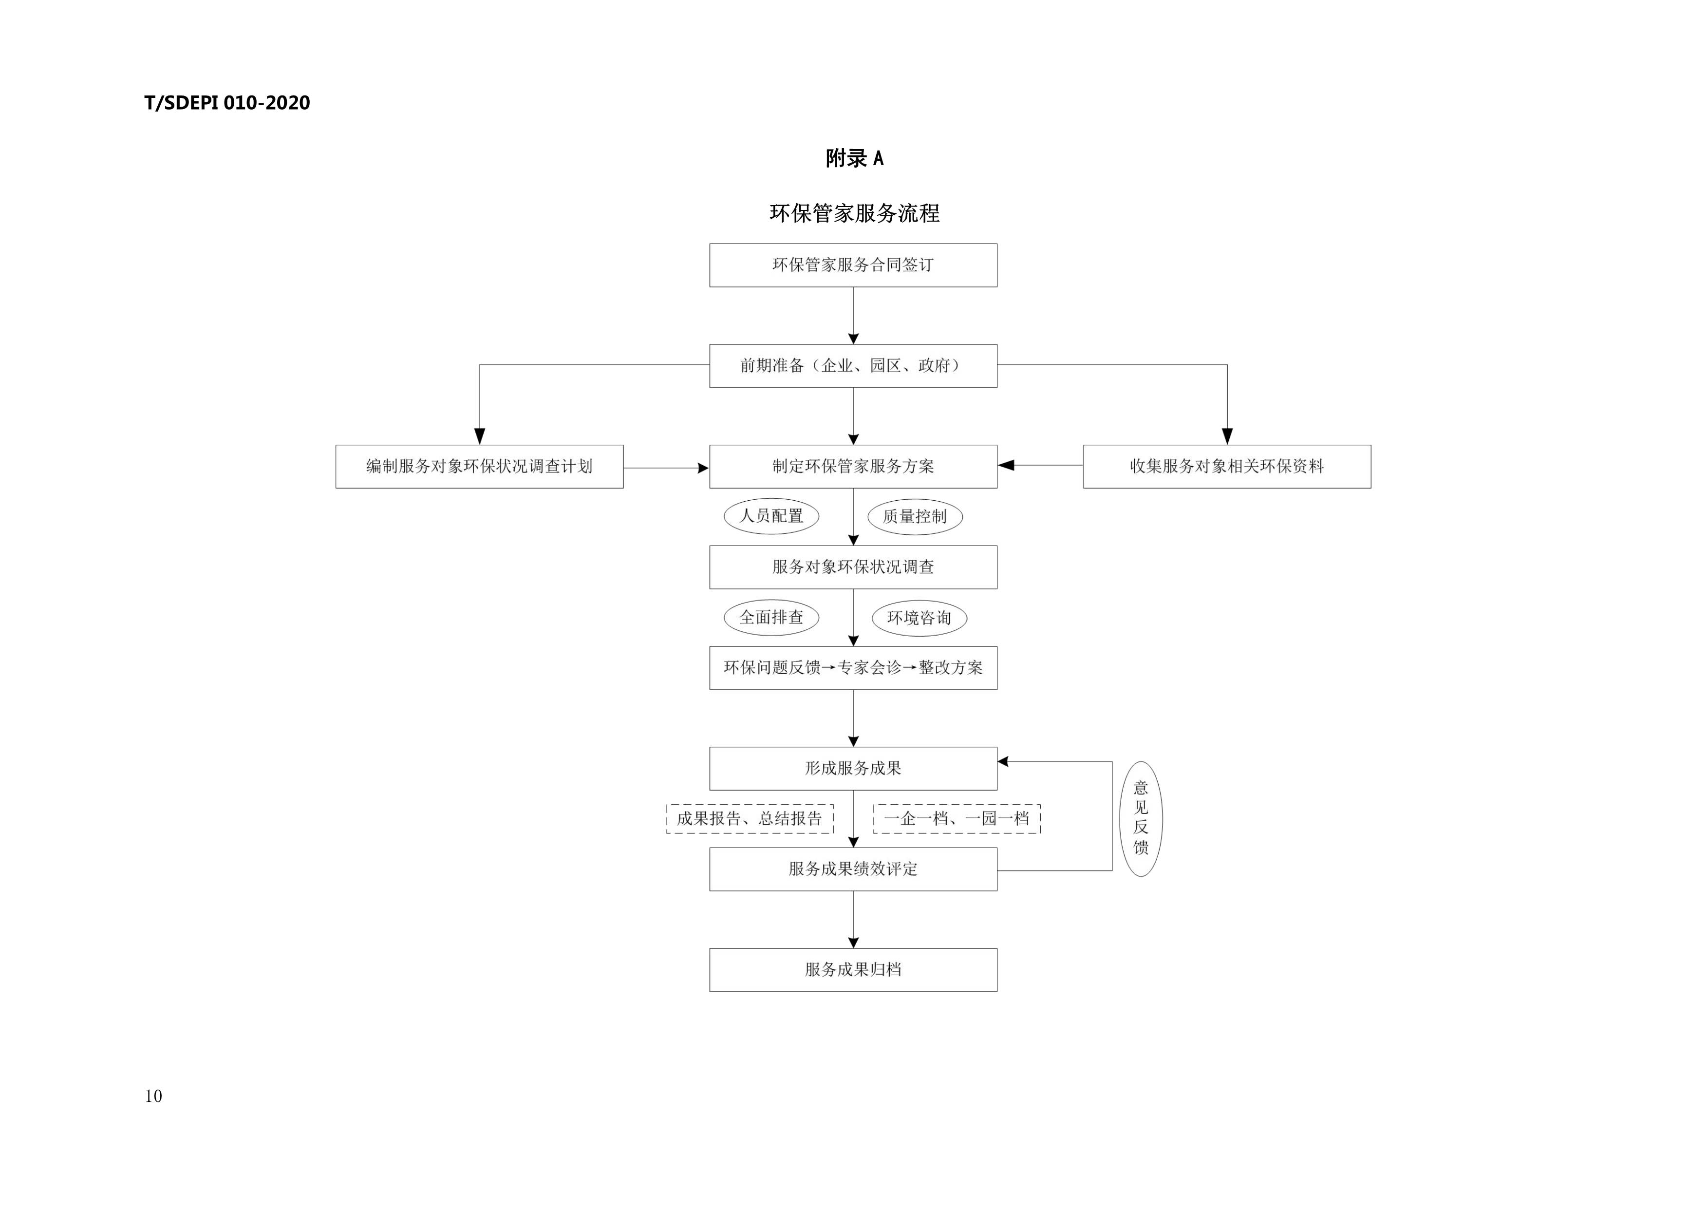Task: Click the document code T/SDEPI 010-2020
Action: tap(227, 103)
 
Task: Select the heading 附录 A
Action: tap(854, 158)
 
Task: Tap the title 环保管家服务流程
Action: tap(854, 213)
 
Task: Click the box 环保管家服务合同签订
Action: tap(853, 265)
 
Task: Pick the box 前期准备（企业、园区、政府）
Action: tap(853, 366)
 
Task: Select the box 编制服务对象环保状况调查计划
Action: tap(479, 466)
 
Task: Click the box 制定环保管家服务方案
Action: tap(853, 466)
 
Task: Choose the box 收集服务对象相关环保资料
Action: tap(1227, 466)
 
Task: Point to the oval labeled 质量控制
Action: tap(915, 517)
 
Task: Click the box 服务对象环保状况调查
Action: tap(853, 567)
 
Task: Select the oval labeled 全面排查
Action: tap(771, 617)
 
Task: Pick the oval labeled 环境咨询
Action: tap(920, 618)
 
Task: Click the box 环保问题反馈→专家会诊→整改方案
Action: tap(853, 668)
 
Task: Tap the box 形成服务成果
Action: tap(853, 768)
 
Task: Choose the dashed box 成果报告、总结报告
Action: tap(750, 819)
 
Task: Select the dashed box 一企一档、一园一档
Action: tap(957, 819)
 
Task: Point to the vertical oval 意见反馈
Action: tap(1141, 818)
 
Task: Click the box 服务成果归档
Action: tap(853, 970)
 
